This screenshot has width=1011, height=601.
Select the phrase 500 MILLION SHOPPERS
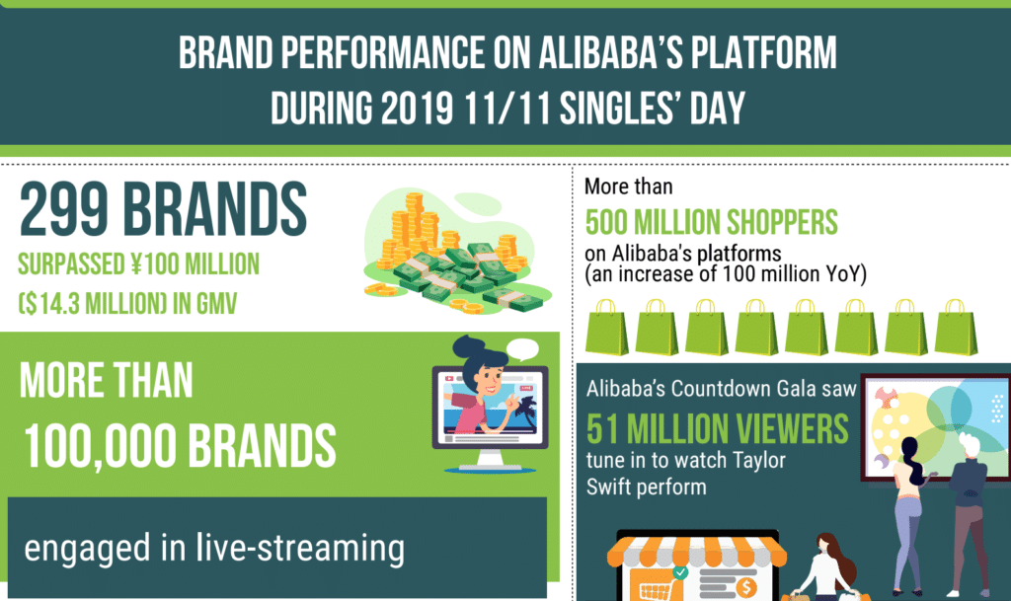pyautogui.click(x=711, y=222)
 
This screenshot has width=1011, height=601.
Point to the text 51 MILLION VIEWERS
pyautogui.click(x=718, y=428)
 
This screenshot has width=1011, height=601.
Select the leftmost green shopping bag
pyautogui.click(x=607, y=328)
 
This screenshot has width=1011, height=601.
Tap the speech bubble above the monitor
pyautogui.click(x=522, y=348)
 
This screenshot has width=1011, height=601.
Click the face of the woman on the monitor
pyautogui.click(x=488, y=380)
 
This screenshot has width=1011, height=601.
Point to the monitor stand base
pyautogui.click(x=489, y=464)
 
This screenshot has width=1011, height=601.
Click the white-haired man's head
pyautogui.click(x=970, y=445)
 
